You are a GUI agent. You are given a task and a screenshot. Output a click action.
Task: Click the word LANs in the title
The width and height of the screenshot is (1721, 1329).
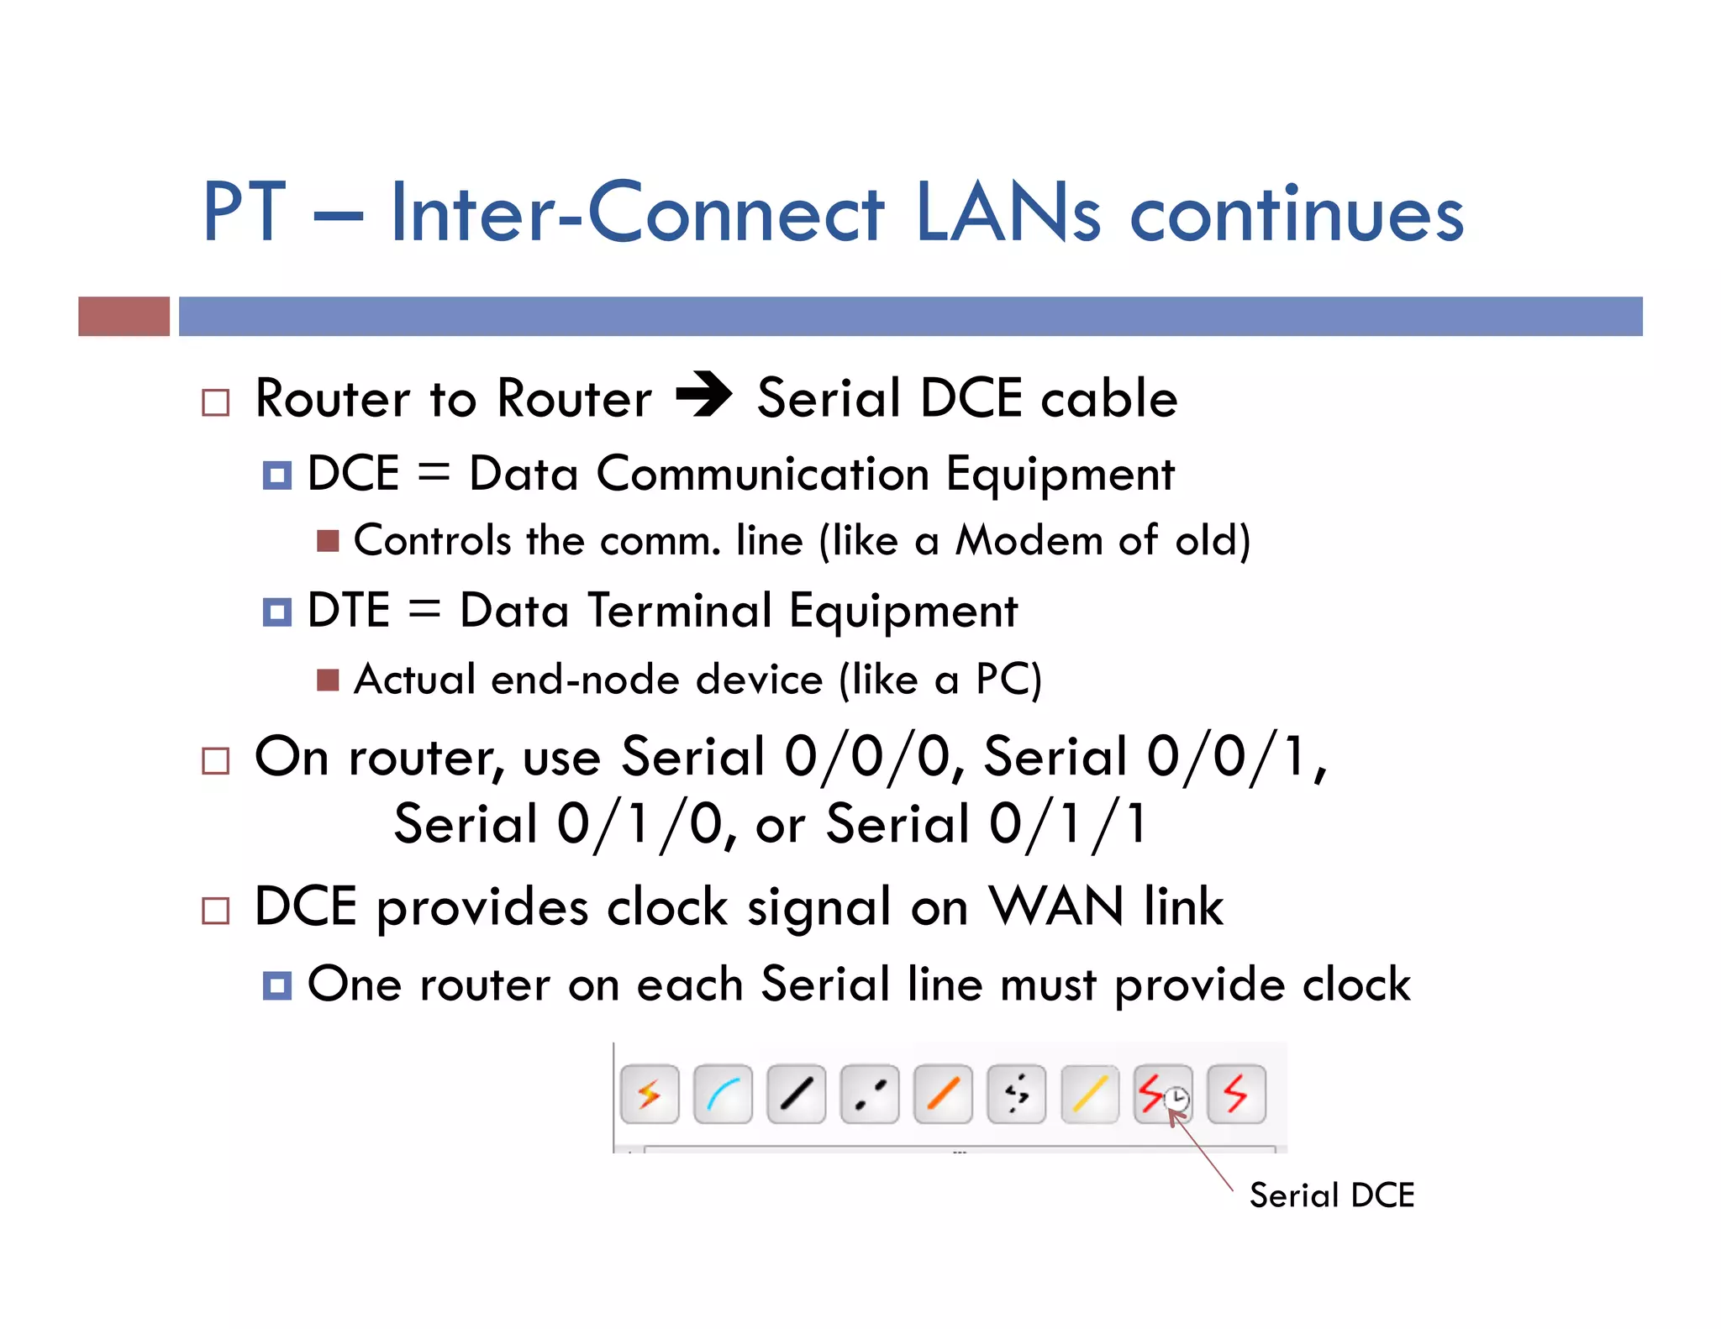pyautogui.click(x=1007, y=213)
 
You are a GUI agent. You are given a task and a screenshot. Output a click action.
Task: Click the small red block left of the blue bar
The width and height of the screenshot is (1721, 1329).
pyautogui.click(x=124, y=316)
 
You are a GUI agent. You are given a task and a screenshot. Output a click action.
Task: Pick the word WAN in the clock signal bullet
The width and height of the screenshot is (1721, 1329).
pyautogui.click(x=1055, y=907)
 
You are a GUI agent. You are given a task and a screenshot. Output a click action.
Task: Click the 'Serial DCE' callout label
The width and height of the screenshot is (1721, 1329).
pyautogui.click(x=1331, y=1195)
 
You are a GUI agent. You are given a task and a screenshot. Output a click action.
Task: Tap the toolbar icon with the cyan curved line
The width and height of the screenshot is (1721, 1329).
pyautogui.click(x=723, y=1095)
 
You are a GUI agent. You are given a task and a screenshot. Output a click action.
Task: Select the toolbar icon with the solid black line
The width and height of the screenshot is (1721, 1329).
pyautogui.click(x=796, y=1095)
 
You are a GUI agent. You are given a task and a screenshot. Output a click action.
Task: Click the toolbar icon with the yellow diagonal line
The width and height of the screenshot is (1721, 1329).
pyautogui.click(x=1090, y=1095)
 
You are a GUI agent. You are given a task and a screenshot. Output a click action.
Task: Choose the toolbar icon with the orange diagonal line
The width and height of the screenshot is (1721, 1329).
pyautogui.click(x=943, y=1095)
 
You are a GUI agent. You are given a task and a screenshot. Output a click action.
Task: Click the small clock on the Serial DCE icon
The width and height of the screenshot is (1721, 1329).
pyautogui.click(x=1178, y=1099)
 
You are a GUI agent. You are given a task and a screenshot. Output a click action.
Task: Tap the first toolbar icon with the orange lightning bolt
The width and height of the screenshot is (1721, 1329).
pyautogui.click(x=650, y=1095)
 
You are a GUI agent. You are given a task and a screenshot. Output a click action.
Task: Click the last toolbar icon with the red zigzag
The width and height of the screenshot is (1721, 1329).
pyautogui.click(x=1236, y=1095)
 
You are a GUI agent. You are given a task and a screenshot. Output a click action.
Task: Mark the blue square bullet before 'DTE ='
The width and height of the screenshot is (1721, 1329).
pyautogui.click(x=276, y=612)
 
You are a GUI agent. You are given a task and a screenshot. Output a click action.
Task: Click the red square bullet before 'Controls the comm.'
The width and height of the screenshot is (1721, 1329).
pyautogui.click(x=328, y=541)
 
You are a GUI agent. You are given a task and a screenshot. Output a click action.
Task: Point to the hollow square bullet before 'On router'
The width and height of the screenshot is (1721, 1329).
pyautogui.click(x=216, y=761)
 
